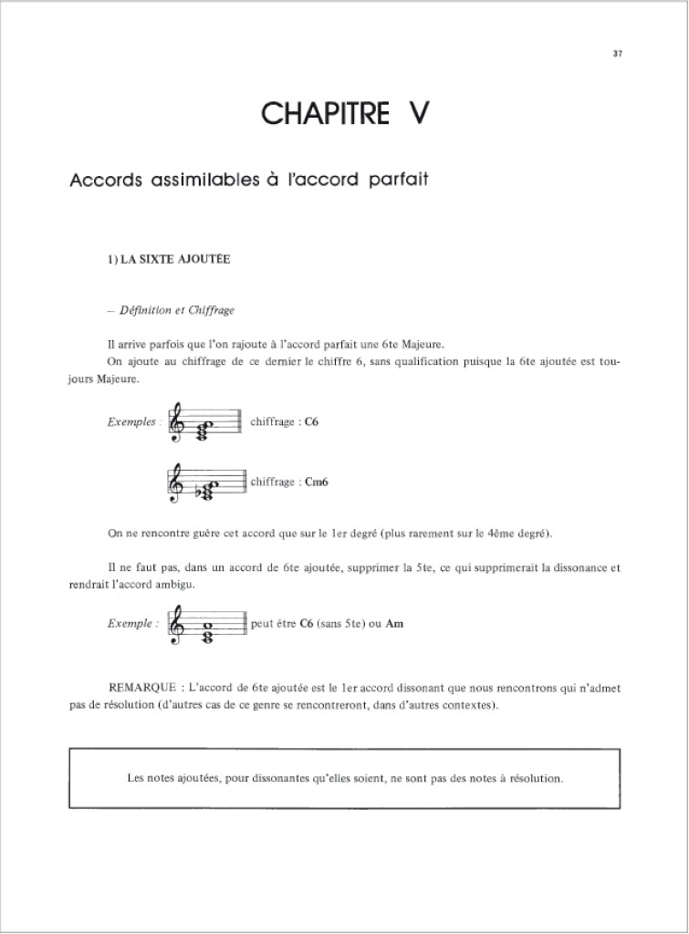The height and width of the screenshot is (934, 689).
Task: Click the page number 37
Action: point(618,54)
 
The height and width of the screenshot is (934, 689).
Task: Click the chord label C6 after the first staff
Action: point(310,422)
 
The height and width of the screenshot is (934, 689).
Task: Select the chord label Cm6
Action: point(317,483)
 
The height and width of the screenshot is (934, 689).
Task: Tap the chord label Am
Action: point(395,624)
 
